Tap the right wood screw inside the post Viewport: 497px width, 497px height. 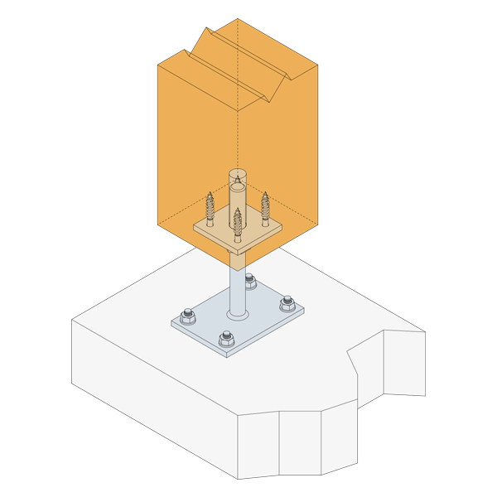pyautogui.click(x=266, y=210)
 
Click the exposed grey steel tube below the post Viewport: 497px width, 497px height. pyautogui.click(x=238, y=286)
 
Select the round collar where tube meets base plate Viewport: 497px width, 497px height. pyautogui.click(x=238, y=314)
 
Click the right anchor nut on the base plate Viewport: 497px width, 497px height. pyautogui.click(x=287, y=303)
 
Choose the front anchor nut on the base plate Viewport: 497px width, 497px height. pyautogui.click(x=226, y=338)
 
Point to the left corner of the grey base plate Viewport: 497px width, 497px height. pyautogui.click(x=171, y=323)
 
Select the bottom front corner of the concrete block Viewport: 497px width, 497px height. pyautogui.click(x=238, y=479)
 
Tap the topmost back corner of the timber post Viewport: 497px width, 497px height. pyautogui.click(x=238, y=19)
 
